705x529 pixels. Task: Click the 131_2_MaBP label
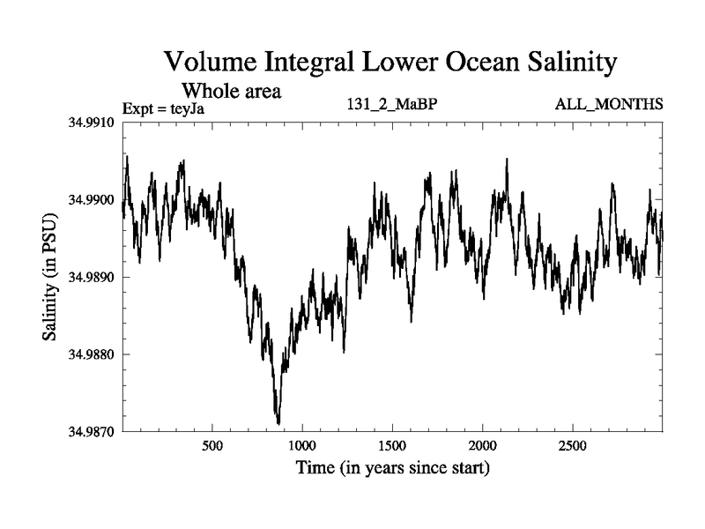(x=393, y=105)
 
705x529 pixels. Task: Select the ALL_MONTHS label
(x=608, y=105)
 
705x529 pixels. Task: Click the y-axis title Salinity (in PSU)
(x=50, y=277)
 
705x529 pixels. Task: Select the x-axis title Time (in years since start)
(x=392, y=467)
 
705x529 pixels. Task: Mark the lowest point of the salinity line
(x=278, y=424)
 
